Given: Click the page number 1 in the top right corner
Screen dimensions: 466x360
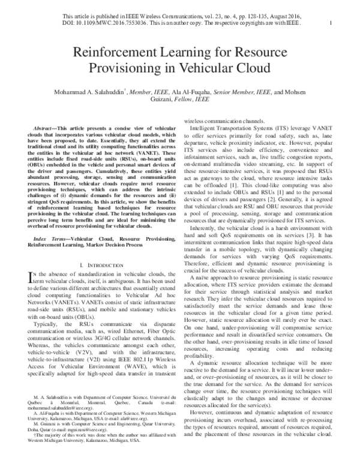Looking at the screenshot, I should (x=331, y=23).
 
